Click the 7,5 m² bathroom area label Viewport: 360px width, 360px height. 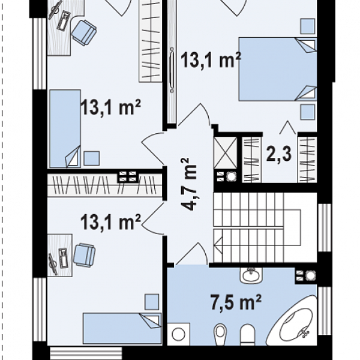tap(236, 303)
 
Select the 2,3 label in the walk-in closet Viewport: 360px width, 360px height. tap(279, 154)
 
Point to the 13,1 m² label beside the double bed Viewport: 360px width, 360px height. tap(211, 60)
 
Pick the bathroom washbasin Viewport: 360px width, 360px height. tap(251, 275)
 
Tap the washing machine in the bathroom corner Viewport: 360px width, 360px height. tap(179, 334)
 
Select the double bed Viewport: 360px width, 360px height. tap(278, 69)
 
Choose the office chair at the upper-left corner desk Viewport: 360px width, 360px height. tap(83, 32)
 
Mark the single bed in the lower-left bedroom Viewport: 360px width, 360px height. tap(122, 328)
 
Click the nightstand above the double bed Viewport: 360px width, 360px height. tap(308, 26)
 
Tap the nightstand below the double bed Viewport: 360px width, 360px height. tap(308, 112)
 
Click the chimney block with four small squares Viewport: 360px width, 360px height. tap(128, 177)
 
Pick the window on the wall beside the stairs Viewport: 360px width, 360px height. tap(325, 227)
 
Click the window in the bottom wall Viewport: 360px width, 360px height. tap(86, 353)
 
